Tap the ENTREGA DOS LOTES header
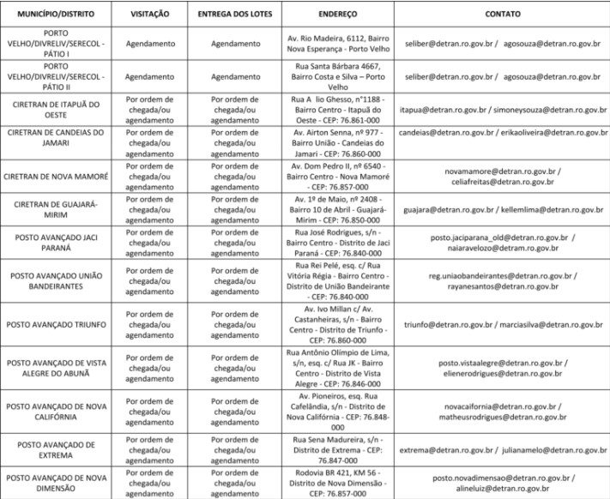pos(235,15)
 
